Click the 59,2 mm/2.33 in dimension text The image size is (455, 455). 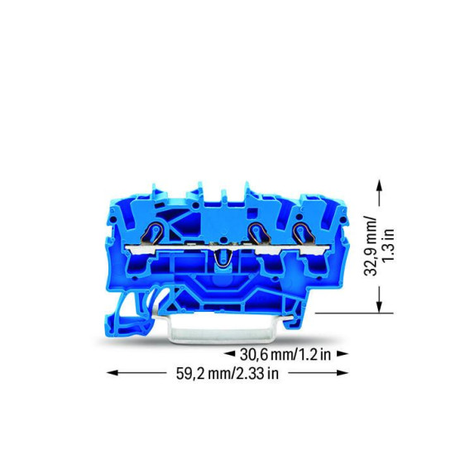coord(227,373)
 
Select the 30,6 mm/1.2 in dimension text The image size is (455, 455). coord(285,354)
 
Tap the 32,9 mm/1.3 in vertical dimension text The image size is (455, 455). coord(379,247)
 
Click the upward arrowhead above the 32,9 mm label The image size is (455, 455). coord(379,184)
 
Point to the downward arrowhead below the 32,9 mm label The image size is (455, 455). coord(379,307)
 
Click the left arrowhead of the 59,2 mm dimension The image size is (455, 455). coord(113,373)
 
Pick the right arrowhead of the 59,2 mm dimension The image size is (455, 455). coord(342,373)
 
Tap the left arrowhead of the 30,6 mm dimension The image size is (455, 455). coord(230,354)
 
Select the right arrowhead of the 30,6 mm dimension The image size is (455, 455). coord(342,354)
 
